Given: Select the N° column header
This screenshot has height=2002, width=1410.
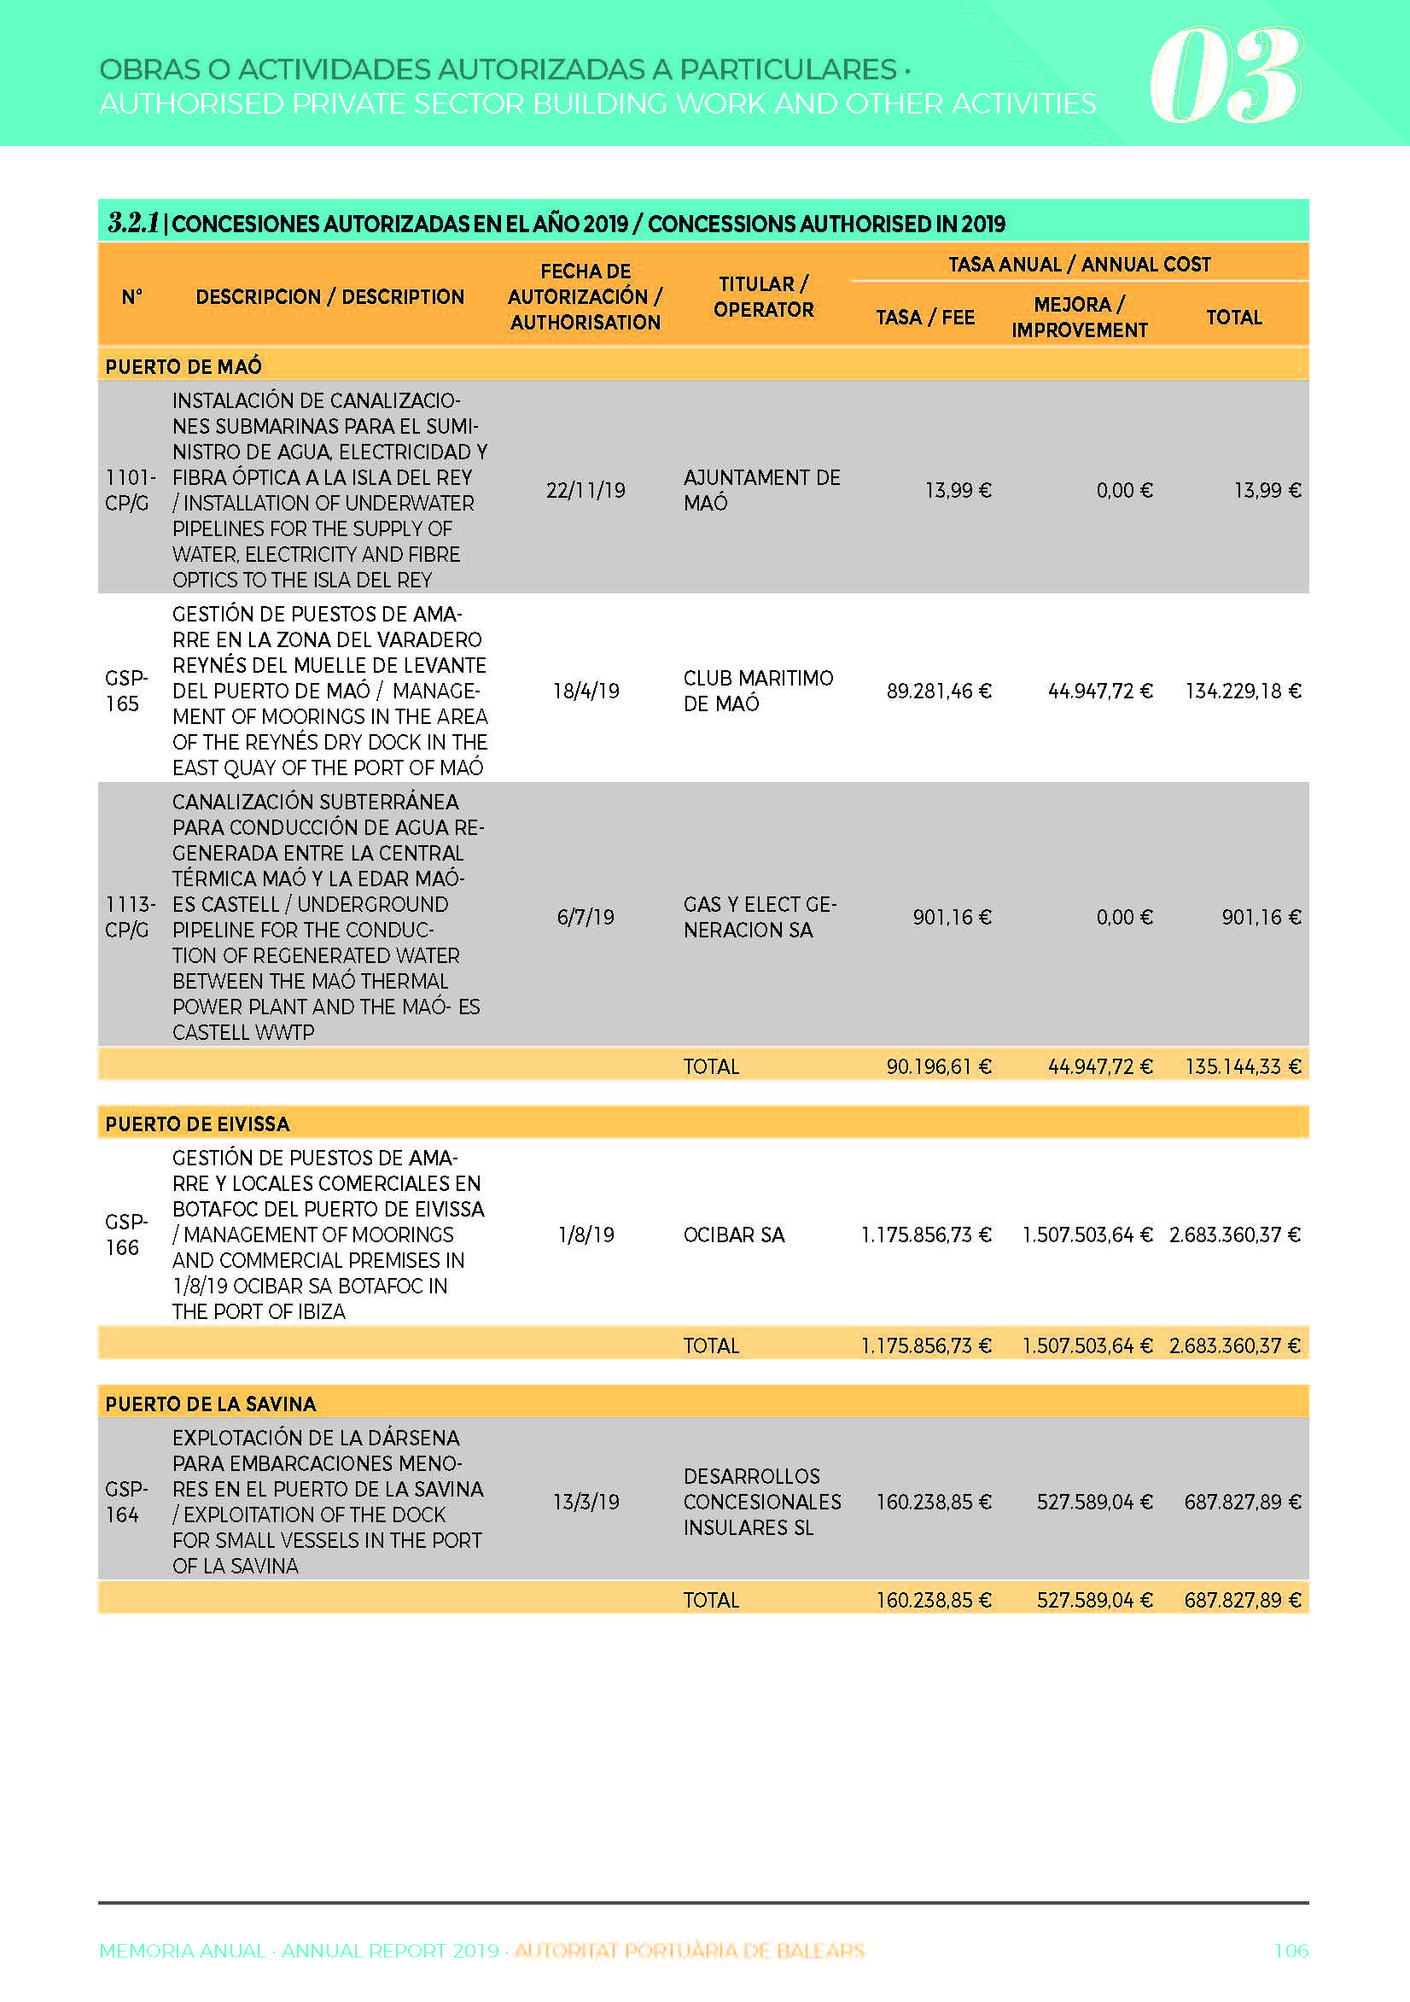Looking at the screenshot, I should pos(131,296).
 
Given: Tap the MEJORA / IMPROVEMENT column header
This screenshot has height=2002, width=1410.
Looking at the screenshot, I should pos(1079,317).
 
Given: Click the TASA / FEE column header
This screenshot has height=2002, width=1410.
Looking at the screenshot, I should pos(924,318).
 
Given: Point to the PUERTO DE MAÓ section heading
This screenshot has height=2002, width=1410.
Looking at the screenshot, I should pos(184,366).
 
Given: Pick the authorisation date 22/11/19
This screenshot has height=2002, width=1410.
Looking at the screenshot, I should pos(586,490).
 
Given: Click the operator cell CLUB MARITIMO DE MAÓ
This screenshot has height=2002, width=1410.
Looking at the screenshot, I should pos(758,691).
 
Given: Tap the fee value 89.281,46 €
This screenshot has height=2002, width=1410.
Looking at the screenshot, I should pos(938,692).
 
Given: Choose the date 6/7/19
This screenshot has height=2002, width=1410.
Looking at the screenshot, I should pos(586,917).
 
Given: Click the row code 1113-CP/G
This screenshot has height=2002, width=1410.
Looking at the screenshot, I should pos(129,917).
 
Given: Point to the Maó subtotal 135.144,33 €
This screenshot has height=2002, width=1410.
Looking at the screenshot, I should pos(1242,1066).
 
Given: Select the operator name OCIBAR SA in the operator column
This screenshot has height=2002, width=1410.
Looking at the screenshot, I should pos(733,1234).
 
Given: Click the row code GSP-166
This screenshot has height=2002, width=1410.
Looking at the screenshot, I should pos(125,1234).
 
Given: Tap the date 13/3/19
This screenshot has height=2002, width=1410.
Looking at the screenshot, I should pos(586,1502).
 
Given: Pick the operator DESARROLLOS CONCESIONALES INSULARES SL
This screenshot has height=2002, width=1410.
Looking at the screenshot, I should pos(761,1502).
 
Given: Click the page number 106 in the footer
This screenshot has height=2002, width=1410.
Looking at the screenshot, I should pos(1291,1951).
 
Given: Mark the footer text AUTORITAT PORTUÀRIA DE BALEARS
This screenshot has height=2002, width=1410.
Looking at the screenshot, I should pos(689,1951).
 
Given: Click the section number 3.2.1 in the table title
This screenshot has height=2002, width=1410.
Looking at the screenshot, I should pos(132,223).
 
